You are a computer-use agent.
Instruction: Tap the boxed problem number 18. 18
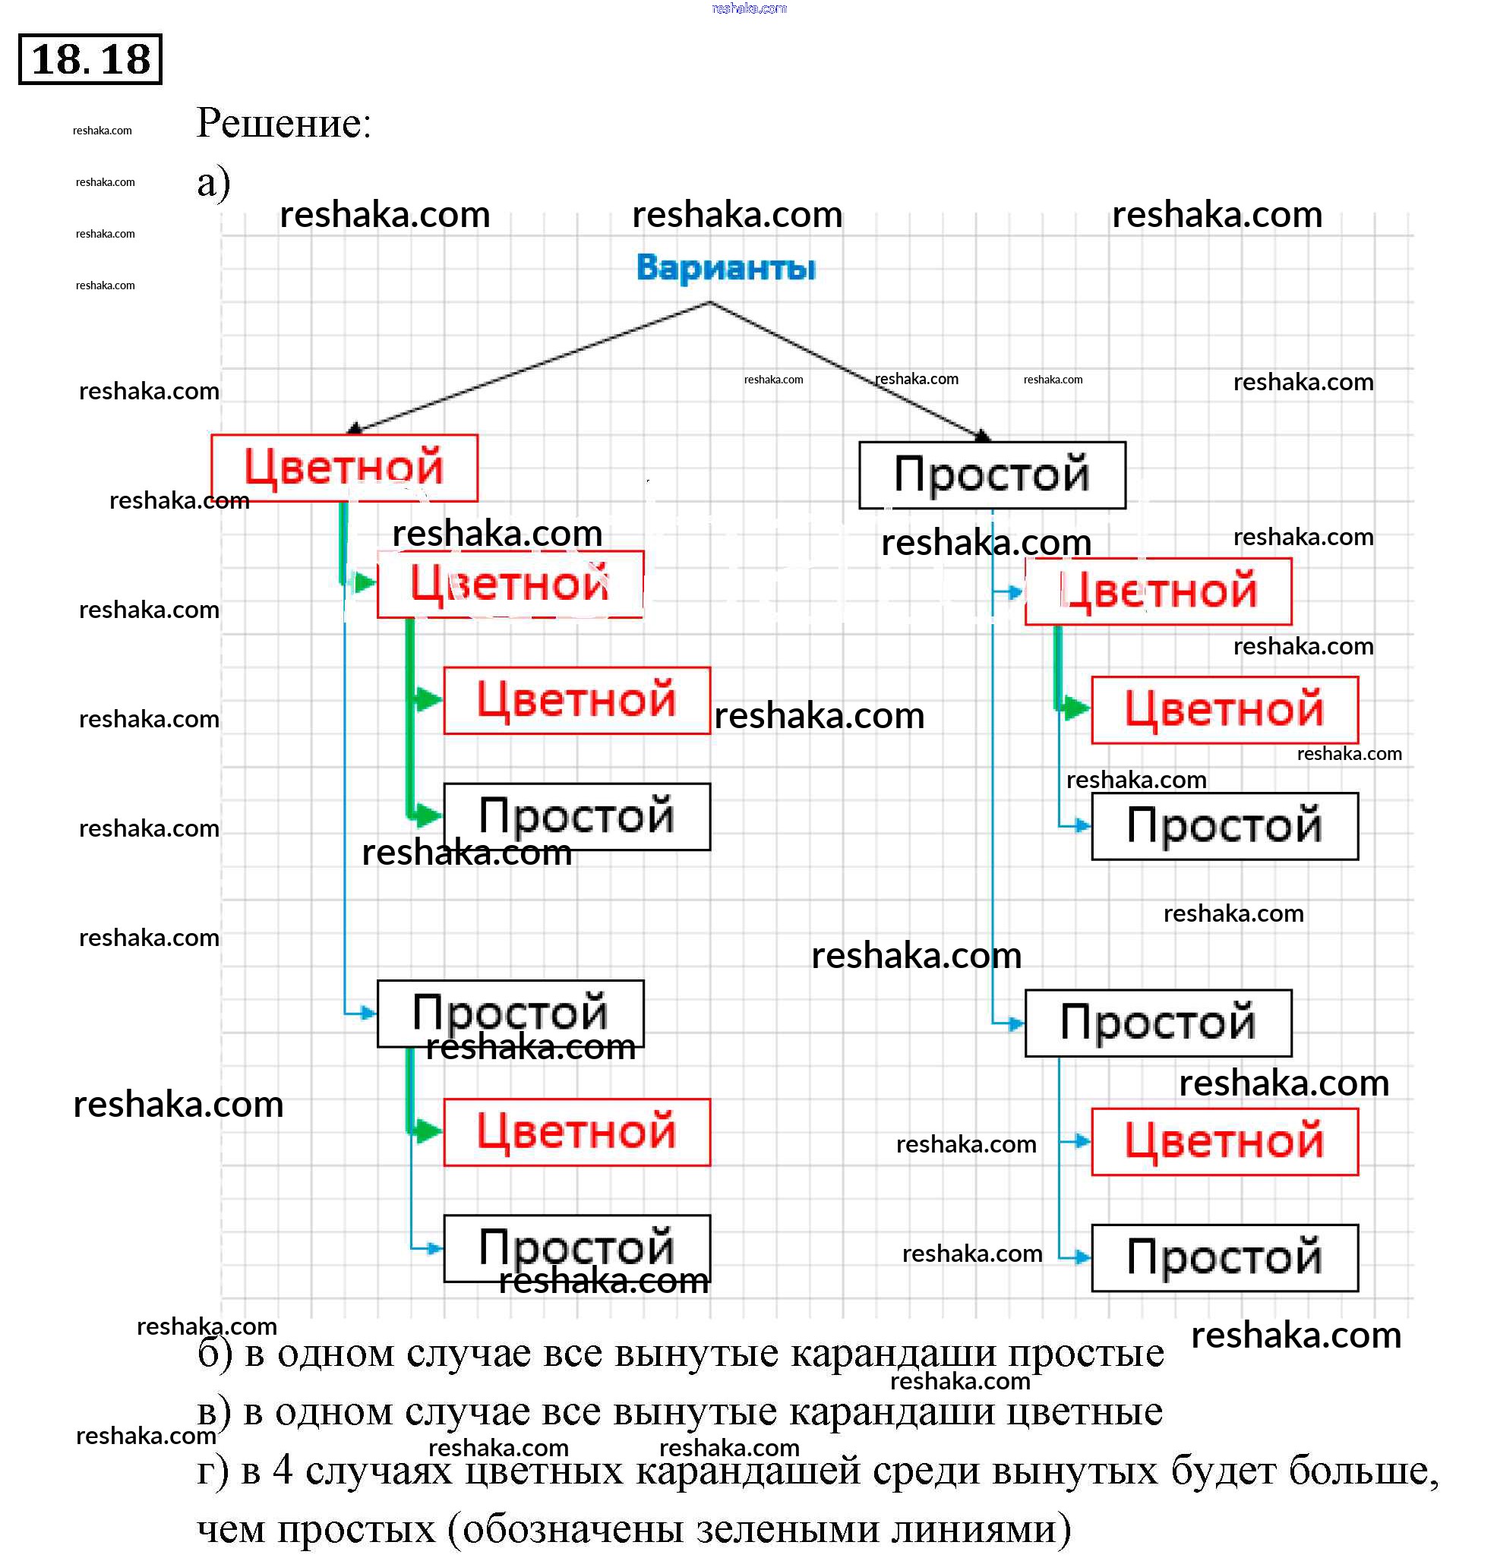pyautogui.click(x=90, y=60)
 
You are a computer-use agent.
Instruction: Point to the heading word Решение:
pyautogui.click(x=283, y=124)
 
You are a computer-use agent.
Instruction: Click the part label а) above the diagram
pyautogui.click(x=213, y=182)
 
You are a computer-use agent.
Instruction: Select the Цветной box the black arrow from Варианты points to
pyautogui.click(x=344, y=468)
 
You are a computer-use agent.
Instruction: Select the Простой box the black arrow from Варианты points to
pyautogui.click(x=991, y=475)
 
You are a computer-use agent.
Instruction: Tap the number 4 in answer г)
pyautogui.click(x=282, y=1470)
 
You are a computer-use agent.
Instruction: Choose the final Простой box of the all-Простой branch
pyautogui.click(x=1224, y=1257)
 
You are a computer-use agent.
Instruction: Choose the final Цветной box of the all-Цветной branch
pyautogui.click(x=576, y=700)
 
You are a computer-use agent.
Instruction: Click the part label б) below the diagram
pyautogui.click(x=214, y=1354)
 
